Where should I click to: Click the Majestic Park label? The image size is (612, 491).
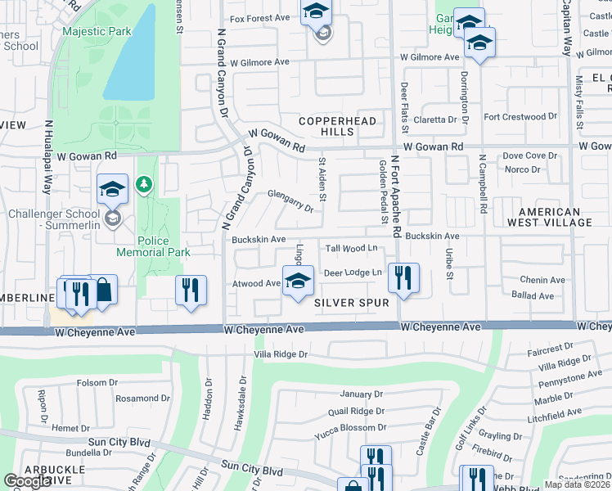tap(96, 31)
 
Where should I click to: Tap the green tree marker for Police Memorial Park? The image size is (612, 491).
tap(145, 184)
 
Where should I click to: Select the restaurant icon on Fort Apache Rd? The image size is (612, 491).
tap(403, 278)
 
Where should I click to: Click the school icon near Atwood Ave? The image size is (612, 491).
tap(299, 281)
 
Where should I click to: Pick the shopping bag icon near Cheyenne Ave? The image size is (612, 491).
tap(103, 290)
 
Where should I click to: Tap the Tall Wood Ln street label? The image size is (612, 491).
tap(352, 248)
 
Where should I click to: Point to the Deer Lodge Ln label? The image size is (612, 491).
tap(353, 273)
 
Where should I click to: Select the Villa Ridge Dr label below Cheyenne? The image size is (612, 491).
tap(281, 354)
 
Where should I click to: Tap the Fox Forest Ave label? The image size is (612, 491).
tap(260, 18)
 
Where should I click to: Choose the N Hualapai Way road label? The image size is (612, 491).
tap(50, 166)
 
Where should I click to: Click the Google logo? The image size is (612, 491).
tap(28, 481)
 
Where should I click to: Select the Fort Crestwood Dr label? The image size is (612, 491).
tap(520, 117)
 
